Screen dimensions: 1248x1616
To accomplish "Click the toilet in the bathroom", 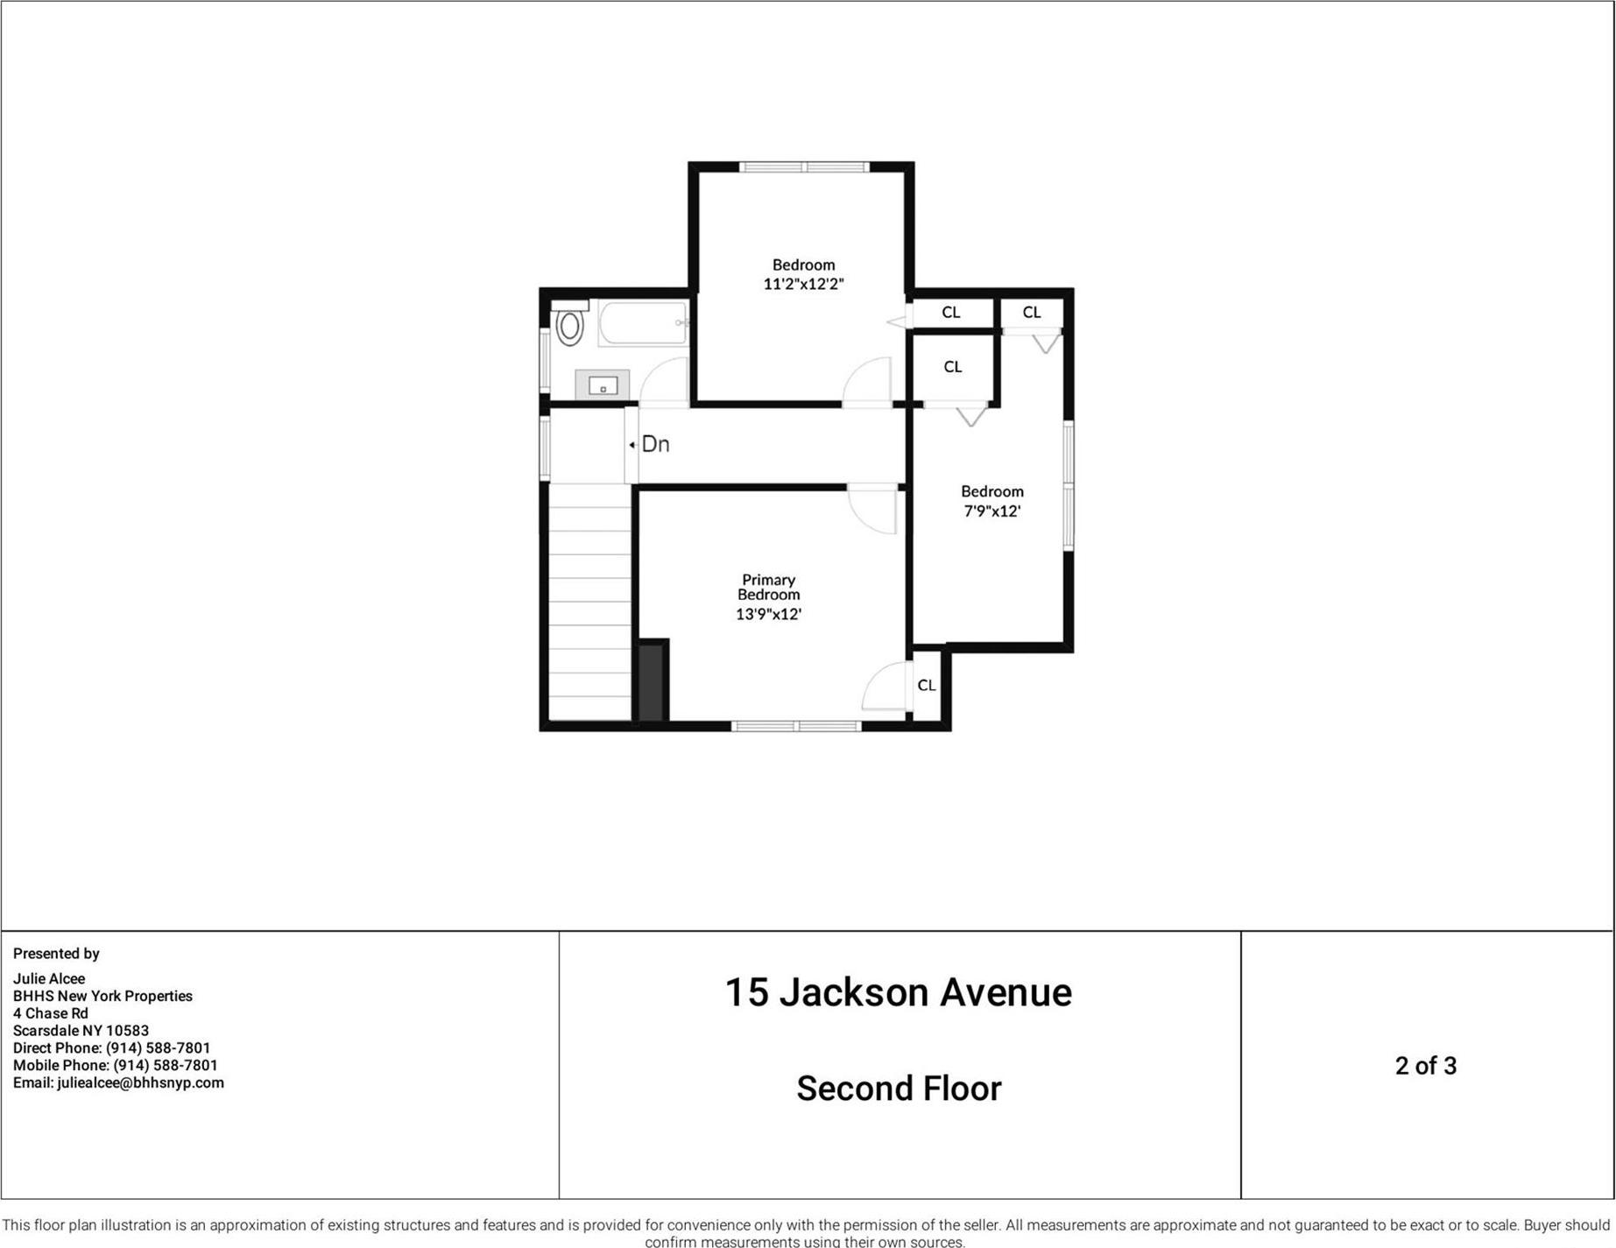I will click(x=569, y=326).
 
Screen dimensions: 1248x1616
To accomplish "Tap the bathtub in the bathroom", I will click(x=644, y=324).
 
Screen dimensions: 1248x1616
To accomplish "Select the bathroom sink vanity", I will click(x=603, y=384).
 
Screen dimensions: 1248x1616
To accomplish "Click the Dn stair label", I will click(x=655, y=444).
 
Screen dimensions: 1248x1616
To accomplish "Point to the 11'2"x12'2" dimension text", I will click(x=803, y=284).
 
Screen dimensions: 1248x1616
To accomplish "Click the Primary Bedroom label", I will click(x=768, y=587).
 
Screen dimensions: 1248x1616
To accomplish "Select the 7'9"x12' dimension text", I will click(x=991, y=511).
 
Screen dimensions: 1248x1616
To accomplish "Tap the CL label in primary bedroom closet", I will click(x=926, y=685).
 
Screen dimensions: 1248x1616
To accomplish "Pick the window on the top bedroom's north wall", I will click(x=804, y=166).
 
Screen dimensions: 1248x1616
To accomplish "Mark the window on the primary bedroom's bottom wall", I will click(x=796, y=726).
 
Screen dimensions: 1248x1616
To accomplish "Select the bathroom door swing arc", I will click(x=664, y=382).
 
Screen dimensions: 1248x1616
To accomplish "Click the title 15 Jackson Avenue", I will click(x=898, y=992).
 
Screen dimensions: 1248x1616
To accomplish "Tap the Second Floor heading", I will click(x=898, y=1089).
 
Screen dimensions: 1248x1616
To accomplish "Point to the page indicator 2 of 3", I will click(x=1425, y=1066).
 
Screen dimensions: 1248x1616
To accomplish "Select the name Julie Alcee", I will click(x=49, y=978).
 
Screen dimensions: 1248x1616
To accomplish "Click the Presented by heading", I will click(x=56, y=953).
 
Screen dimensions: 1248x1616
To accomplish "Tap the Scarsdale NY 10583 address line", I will click(x=81, y=1031).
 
